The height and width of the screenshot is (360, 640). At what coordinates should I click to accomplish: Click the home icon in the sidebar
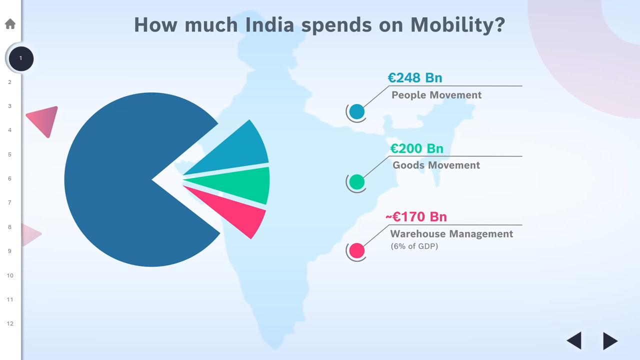coord(10,23)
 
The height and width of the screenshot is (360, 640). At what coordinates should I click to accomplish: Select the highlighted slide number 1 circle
coord(21,58)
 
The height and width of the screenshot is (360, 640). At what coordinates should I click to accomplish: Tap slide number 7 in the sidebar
coord(9,202)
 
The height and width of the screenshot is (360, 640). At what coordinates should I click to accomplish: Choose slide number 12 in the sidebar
coord(10,323)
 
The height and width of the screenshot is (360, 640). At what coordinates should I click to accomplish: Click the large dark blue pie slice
coord(120,180)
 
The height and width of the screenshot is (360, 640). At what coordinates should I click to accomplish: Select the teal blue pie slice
coord(240,147)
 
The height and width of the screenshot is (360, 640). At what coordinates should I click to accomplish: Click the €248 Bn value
coord(415,78)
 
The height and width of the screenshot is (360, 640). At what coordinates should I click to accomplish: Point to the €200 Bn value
coord(416,148)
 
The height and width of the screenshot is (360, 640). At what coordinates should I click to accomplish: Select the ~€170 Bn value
coord(416,217)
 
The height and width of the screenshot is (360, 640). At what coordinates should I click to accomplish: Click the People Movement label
coord(436,95)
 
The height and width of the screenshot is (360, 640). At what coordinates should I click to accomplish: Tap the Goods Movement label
coord(436,165)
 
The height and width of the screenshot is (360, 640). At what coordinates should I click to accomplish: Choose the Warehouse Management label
coord(451,234)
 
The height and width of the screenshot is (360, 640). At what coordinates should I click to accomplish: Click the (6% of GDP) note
coord(414,246)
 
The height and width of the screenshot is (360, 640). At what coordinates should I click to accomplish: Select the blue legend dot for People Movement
coord(357,112)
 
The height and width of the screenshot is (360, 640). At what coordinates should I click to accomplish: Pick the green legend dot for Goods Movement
coord(357,182)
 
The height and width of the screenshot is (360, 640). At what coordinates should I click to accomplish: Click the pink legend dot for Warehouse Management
coord(357,250)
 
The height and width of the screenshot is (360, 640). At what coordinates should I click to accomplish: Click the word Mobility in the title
coord(457,24)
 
